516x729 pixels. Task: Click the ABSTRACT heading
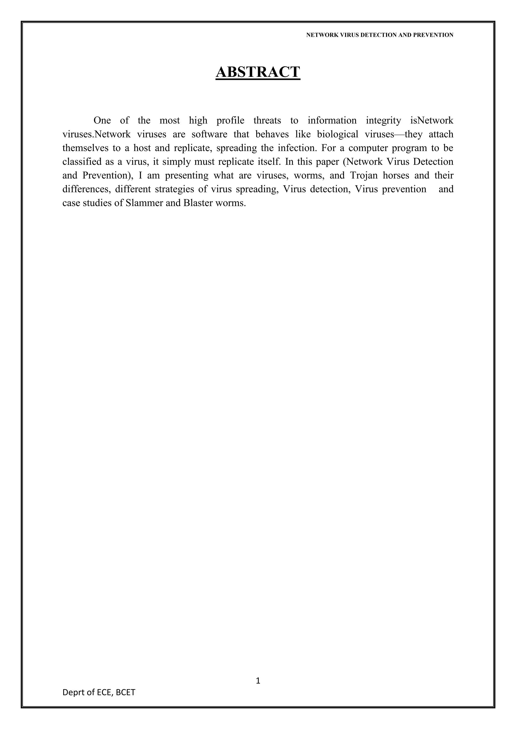(x=258, y=72)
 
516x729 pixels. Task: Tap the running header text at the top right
(x=379, y=35)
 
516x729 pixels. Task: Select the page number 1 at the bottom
(x=258, y=680)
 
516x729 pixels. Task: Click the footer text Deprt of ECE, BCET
(x=99, y=692)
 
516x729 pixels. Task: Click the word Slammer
(x=145, y=203)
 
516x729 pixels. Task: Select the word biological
(x=337, y=134)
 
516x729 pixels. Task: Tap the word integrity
(x=383, y=121)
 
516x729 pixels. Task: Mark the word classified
(x=81, y=162)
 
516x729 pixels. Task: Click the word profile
(x=230, y=121)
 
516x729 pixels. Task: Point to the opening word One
(x=102, y=121)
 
